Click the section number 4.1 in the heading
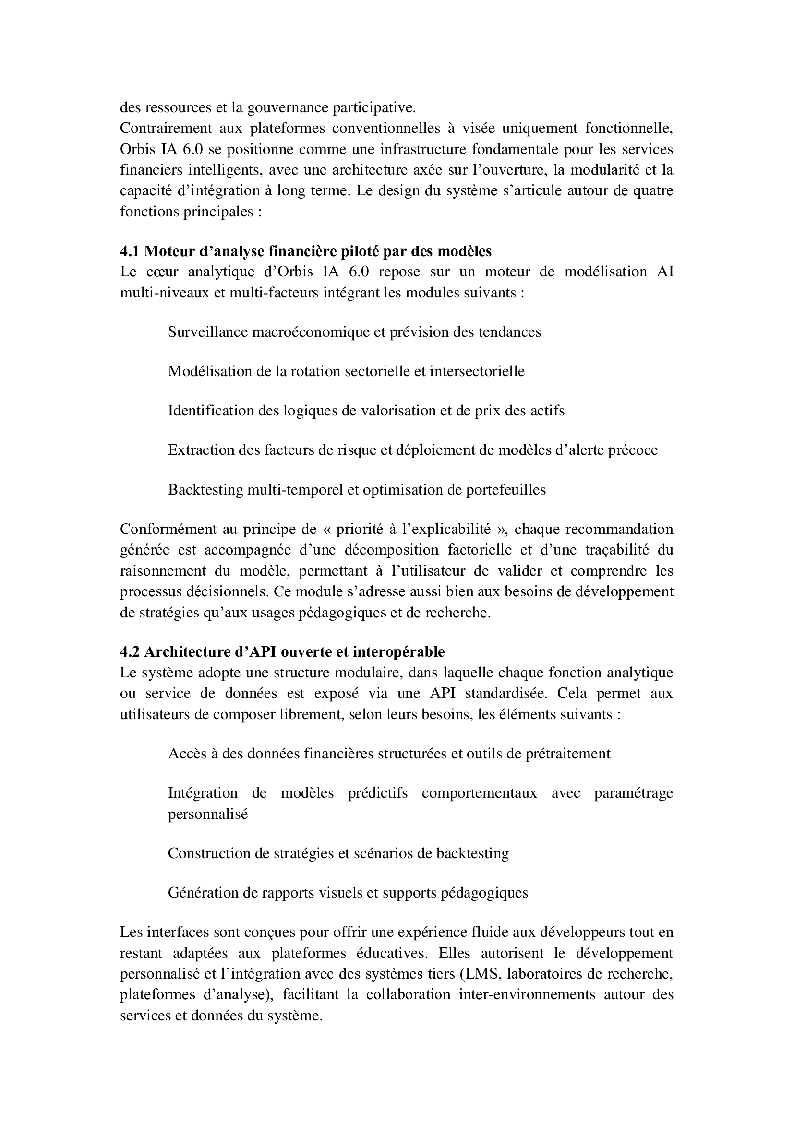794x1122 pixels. coord(130,251)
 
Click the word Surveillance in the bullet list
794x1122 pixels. coord(208,332)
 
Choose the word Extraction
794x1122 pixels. coord(201,450)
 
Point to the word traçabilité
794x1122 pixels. coord(617,550)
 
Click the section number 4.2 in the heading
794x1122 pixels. coord(130,652)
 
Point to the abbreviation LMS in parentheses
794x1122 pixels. coord(481,974)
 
